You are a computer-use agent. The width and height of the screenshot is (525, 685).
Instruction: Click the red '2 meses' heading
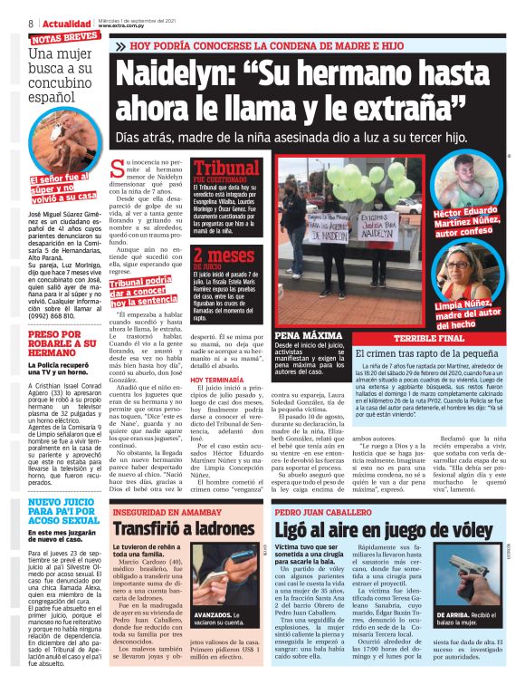224,257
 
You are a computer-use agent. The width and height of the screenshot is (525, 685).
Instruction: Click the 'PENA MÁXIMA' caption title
302,335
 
